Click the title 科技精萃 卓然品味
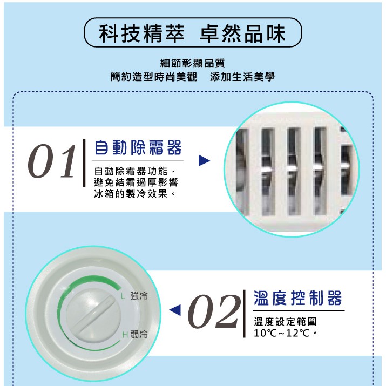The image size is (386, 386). (192, 33)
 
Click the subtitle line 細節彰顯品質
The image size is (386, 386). (193, 63)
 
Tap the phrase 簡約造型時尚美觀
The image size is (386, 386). (154, 77)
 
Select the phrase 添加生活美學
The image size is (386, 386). (242, 77)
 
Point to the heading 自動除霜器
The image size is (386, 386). (138, 147)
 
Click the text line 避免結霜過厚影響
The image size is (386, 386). (136, 182)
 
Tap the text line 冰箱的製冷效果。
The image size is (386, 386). (135, 194)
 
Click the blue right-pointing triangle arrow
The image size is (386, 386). (204, 160)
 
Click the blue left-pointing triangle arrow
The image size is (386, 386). (175, 310)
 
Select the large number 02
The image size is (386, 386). (214, 311)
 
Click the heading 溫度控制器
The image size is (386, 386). (297, 298)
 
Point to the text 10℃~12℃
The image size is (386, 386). (281, 333)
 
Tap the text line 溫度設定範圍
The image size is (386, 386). (285, 322)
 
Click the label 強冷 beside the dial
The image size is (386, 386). (139, 296)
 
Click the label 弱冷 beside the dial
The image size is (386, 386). (139, 334)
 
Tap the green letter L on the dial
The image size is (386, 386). (123, 296)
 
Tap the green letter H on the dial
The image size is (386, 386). (125, 335)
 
